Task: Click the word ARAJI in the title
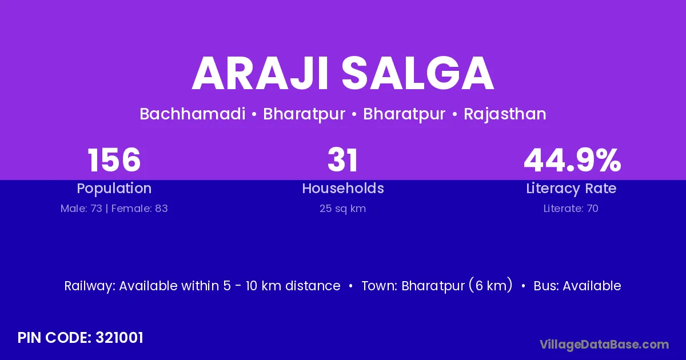(x=260, y=74)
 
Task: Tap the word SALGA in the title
(x=418, y=74)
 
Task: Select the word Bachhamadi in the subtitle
(x=192, y=114)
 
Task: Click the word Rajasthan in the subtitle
(x=505, y=114)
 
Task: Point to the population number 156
(x=114, y=160)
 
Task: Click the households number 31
(x=342, y=160)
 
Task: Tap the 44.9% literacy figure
(x=572, y=160)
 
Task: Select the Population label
(x=114, y=189)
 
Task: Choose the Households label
(x=343, y=188)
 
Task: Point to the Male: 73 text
(x=81, y=209)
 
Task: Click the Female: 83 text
(x=139, y=209)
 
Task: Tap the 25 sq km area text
(x=342, y=209)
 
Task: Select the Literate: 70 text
(x=571, y=209)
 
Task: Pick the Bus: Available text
(x=577, y=286)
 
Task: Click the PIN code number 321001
(x=119, y=338)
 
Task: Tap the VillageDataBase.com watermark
(x=604, y=345)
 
